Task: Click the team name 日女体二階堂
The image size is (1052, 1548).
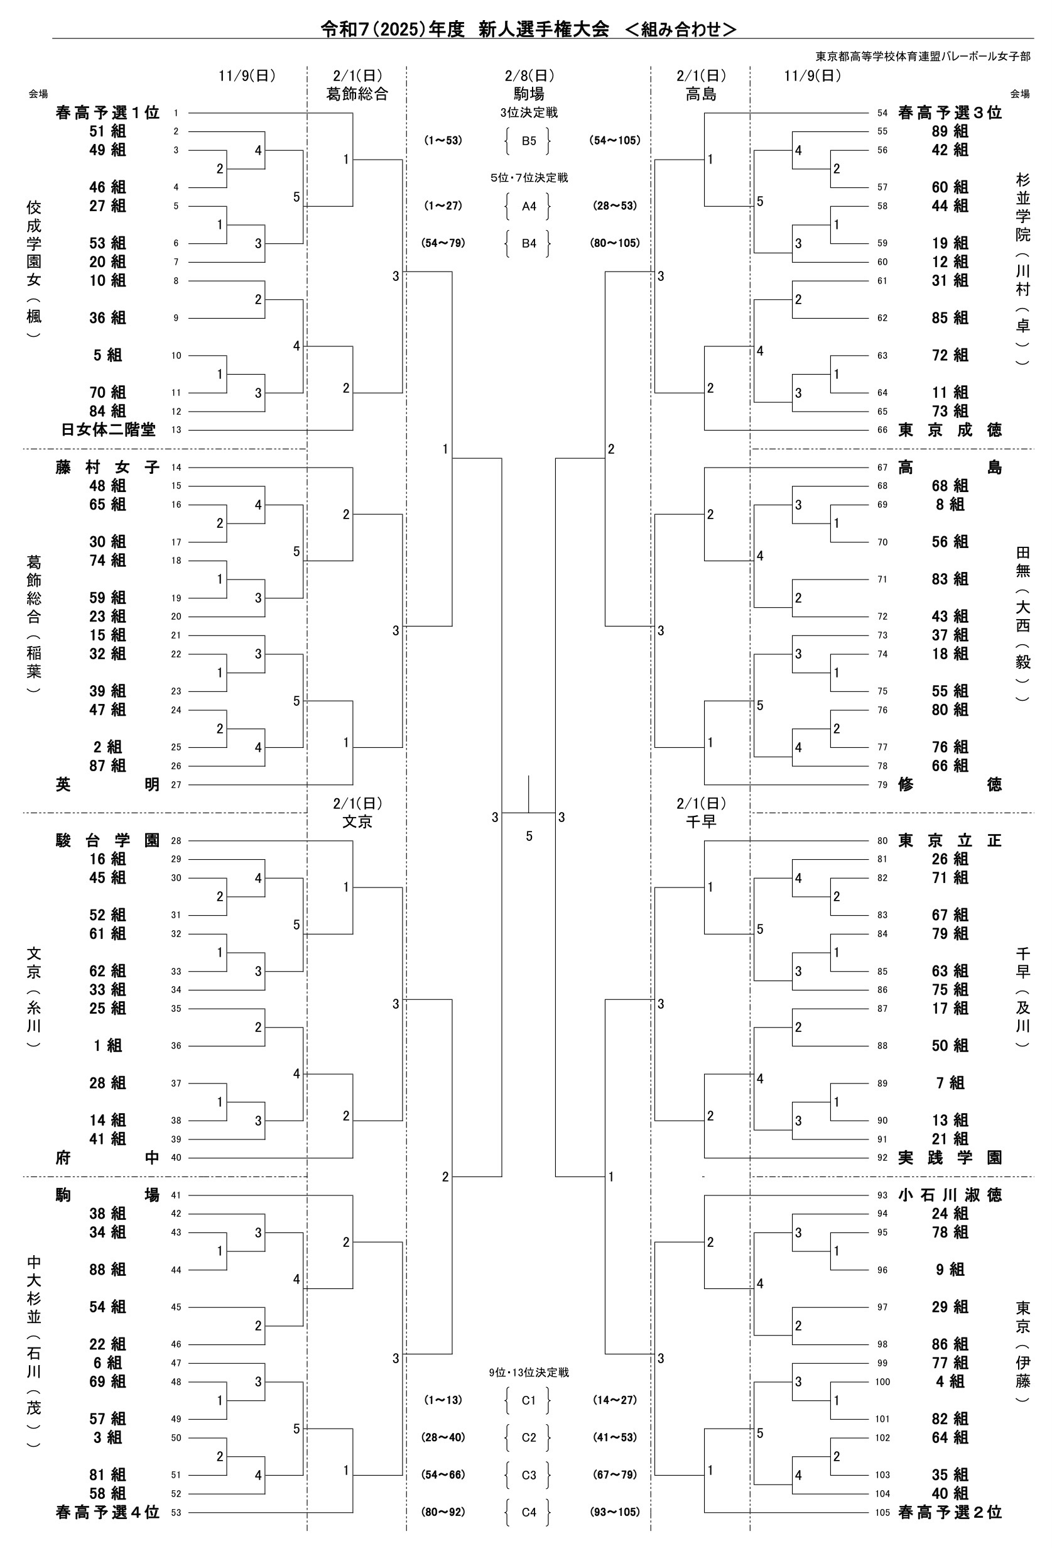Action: pyautogui.click(x=108, y=430)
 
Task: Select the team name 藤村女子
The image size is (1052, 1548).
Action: pyautogui.click(x=108, y=468)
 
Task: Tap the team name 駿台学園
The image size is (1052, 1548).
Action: pyautogui.click(x=108, y=840)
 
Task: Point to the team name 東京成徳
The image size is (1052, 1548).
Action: pyautogui.click(x=950, y=430)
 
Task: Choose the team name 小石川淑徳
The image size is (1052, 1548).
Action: pyautogui.click(x=950, y=1195)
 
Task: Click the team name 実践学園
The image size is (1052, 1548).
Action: pyautogui.click(x=950, y=1158)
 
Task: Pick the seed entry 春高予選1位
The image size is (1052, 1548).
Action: pyautogui.click(x=108, y=113)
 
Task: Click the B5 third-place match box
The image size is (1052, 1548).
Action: pyautogui.click(x=529, y=141)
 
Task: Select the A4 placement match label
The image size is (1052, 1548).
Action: pyautogui.click(x=529, y=206)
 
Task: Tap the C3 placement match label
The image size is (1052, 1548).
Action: pyautogui.click(x=529, y=1474)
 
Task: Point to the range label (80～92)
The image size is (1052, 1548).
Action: pyautogui.click(x=443, y=1512)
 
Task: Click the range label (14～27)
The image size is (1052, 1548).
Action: pyautogui.click(x=614, y=1400)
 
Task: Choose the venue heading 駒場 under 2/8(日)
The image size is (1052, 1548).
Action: pyautogui.click(x=529, y=94)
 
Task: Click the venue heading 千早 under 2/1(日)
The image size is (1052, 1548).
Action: pyautogui.click(x=701, y=822)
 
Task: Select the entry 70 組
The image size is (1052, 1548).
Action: pyautogui.click(x=108, y=392)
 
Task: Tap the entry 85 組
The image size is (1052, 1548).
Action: pyautogui.click(x=950, y=318)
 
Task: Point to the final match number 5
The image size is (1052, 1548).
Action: pyautogui.click(x=529, y=836)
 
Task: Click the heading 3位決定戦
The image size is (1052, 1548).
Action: pyautogui.click(x=529, y=113)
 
